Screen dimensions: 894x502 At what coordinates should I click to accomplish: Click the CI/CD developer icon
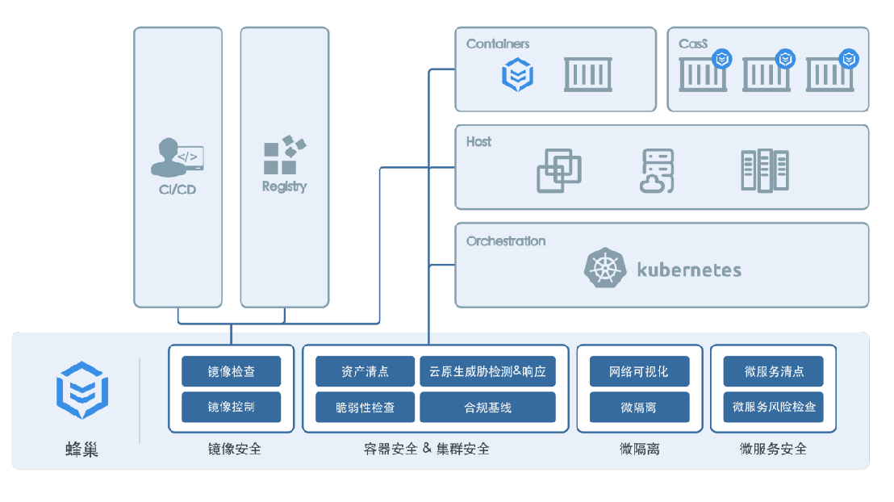coord(177,157)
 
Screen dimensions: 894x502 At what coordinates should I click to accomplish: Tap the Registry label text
coord(285,186)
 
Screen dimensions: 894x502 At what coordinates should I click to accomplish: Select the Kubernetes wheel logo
coord(605,267)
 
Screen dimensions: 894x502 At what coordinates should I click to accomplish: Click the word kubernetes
coord(689,270)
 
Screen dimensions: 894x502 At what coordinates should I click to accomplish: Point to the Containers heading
coord(498,44)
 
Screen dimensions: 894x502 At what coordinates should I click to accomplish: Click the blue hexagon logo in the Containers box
coord(518,74)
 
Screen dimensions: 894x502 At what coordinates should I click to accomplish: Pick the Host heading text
coord(478,141)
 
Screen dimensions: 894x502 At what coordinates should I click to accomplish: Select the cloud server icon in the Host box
coord(657,170)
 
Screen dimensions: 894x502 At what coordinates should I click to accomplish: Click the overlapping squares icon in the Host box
coord(558,170)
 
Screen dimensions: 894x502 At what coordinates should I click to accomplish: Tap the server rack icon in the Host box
coord(765,170)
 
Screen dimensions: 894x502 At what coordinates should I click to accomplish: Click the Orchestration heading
coord(506,241)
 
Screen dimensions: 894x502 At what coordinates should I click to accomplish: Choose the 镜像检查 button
coord(231,371)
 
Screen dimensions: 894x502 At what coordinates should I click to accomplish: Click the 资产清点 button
coord(365,371)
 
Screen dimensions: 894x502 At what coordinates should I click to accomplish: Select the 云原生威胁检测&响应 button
coord(487,371)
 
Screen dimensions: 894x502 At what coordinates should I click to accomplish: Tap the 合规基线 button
coord(487,408)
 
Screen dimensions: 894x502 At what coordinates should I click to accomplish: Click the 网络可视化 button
coord(639,371)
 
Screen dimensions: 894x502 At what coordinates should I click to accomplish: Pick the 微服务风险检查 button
coord(773,408)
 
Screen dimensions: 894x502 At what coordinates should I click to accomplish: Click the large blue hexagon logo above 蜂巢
coord(82,390)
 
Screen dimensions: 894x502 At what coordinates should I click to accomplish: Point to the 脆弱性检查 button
coord(365,408)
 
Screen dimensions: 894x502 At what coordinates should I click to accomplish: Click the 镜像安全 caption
coord(234,449)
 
